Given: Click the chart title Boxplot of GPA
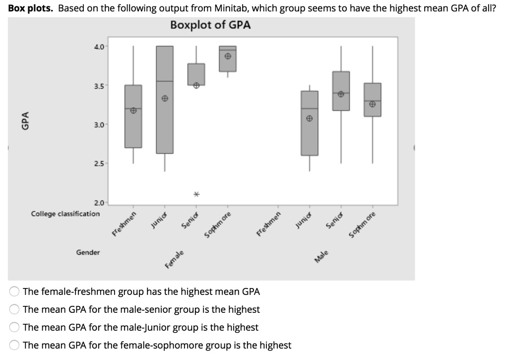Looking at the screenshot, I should tap(210, 25).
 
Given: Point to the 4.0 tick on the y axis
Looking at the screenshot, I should tap(98, 47).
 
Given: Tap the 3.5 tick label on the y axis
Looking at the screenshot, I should tap(98, 85).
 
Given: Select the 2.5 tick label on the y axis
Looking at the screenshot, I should tap(98, 163).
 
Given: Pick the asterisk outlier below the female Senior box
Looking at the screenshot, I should tap(196, 194).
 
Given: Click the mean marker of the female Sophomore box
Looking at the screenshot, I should tap(228, 57).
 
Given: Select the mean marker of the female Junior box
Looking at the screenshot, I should tap(165, 98).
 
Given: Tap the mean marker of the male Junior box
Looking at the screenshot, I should tap(309, 119).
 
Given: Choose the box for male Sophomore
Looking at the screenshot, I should tap(372, 100).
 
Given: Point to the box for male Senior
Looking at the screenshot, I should tap(341, 91).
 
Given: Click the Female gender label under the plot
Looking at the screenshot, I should tap(176, 260).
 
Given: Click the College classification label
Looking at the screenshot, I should tap(65, 214).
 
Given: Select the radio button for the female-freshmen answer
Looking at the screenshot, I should tap(15, 291).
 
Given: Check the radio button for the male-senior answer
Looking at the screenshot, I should tap(15, 309).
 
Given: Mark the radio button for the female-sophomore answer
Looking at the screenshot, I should tap(15, 345).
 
